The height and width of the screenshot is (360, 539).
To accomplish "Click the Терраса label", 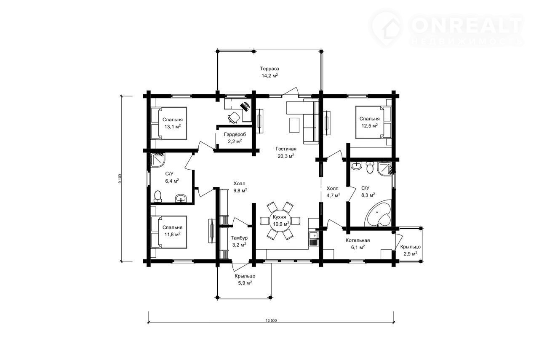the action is tap(269, 69).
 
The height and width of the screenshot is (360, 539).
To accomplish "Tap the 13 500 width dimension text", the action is tap(271, 320).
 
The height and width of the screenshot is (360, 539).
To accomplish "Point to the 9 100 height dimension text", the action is tap(120, 179).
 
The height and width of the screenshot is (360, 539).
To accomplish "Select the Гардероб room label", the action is tap(235, 134).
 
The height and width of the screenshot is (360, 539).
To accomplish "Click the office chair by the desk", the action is tap(234, 117).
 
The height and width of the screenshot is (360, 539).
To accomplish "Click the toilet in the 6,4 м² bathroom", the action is tap(157, 196).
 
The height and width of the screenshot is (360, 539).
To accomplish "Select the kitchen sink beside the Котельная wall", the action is tap(313, 239).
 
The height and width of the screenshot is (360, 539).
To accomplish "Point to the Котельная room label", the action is tap(358, 240).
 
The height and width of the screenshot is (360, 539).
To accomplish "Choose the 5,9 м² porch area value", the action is tap(245, 283).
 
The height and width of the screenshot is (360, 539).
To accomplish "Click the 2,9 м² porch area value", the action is tap(410, 253).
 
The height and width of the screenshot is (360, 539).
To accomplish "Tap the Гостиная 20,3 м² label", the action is tap(286, 152).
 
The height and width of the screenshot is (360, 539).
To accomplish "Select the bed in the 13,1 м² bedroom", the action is tap(169, 123).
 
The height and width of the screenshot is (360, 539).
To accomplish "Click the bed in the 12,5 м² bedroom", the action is tap(373, 122).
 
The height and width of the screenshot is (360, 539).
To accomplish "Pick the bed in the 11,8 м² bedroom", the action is tap(169, 232).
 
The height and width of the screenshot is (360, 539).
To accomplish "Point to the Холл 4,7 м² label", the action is tap(333, 192).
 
